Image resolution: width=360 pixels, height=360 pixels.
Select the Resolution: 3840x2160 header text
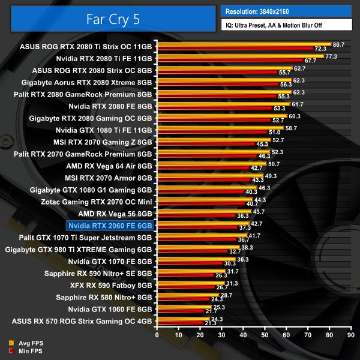[x=262, y=11]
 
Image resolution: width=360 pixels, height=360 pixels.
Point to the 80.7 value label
[x=338, y=44]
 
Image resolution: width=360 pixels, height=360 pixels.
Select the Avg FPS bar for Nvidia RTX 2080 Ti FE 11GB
[x=240, y=56]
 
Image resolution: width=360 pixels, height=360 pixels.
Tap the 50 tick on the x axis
[x=264, y=335]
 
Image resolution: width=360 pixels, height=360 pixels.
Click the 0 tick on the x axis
[x=157, y=335]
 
